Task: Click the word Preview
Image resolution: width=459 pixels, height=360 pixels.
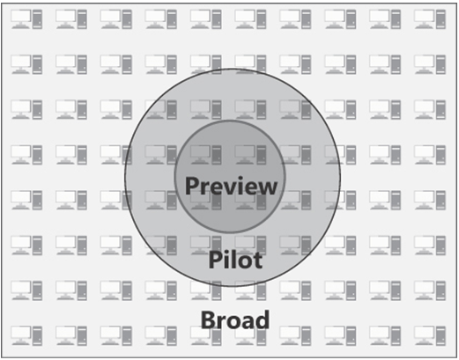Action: pos(231,187)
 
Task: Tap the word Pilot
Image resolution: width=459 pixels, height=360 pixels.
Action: pos(235,260)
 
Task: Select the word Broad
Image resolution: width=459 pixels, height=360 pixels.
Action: pos(235,320)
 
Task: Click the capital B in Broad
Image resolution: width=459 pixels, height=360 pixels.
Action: pos(207,320)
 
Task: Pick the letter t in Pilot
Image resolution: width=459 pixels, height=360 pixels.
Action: pos(258,261)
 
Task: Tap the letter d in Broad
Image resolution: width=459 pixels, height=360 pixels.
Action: pos(263,320)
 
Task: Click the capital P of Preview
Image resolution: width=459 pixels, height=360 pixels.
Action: pos(191,186)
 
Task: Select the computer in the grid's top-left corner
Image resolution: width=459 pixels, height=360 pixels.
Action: pos(26,19)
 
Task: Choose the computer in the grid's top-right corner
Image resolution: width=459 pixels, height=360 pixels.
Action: pos(430,19)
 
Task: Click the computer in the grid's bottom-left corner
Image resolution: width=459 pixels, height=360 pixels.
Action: pos(26,335)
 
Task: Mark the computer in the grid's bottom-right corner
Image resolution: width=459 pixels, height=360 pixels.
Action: pos(430,335)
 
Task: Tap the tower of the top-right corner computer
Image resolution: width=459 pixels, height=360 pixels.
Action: pos(440,19)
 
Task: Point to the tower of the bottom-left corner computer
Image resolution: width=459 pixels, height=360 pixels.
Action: pos(37,335)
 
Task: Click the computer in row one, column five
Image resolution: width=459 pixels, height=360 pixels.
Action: pos(206,19)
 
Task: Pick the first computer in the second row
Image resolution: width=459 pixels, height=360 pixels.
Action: pos(26,64)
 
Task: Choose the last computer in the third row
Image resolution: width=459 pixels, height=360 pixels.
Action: pos(430,109)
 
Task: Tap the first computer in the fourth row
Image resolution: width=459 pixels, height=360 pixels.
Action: pos(26,155)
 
